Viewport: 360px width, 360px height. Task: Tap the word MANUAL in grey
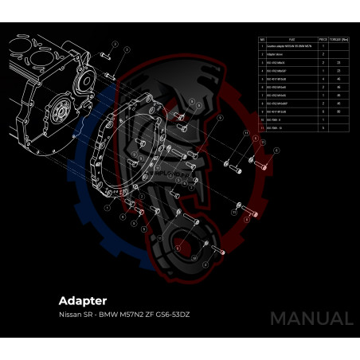311,318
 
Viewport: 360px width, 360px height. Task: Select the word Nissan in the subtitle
71,315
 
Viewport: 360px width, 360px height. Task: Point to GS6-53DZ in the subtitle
170,315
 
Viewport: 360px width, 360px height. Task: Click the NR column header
262,38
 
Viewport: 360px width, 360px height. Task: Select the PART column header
291,38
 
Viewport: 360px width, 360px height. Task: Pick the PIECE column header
323,38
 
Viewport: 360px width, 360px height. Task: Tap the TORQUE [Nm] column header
339,38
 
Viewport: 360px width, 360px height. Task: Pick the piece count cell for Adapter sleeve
323,54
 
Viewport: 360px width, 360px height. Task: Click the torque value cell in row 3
339,62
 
